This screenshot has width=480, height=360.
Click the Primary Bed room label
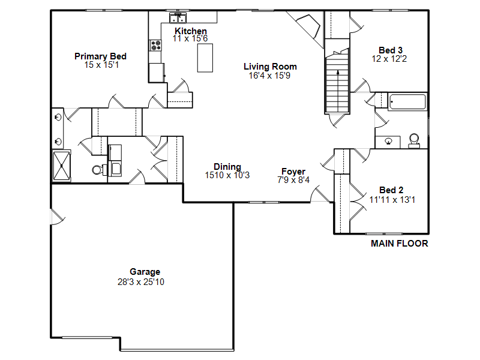point(100,56)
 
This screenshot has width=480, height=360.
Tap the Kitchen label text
point(191,31)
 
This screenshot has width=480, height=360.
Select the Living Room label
point(270,67)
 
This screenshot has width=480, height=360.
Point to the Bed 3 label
point(391,50)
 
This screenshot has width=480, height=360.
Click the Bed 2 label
point(391,190)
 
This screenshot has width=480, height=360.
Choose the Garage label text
point(145,272)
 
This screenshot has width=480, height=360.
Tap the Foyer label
point(293,172)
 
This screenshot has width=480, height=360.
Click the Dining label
point(227,167)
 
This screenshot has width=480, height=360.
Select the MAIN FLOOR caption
point(399,244)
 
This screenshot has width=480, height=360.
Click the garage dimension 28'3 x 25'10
point(141,281)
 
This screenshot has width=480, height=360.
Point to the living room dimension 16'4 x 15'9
point(270,76)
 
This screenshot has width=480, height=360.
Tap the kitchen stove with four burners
point(155,44)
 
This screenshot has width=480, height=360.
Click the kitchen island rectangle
point(205,58)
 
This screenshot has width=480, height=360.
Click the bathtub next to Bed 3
point(407,101)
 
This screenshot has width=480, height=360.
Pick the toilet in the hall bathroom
point(414,140)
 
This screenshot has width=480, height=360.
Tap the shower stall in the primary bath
point(61,166)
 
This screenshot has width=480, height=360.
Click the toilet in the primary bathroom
point(97,170)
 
